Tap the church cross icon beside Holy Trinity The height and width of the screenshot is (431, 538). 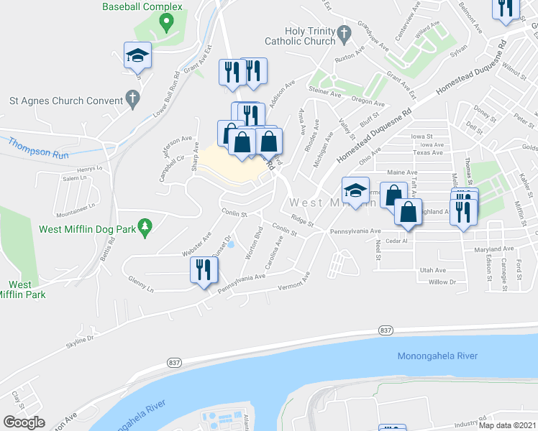tap(345, 32)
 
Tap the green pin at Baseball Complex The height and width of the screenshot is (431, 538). tap(166, 23)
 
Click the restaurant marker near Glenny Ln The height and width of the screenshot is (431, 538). tap(203, 270)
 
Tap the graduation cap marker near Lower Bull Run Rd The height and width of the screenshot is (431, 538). tap(137, 55)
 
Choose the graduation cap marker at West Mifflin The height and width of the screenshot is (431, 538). tap(356, 190)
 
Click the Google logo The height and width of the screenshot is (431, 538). tap(24, 422)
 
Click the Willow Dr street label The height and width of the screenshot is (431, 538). tap(442, 282)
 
